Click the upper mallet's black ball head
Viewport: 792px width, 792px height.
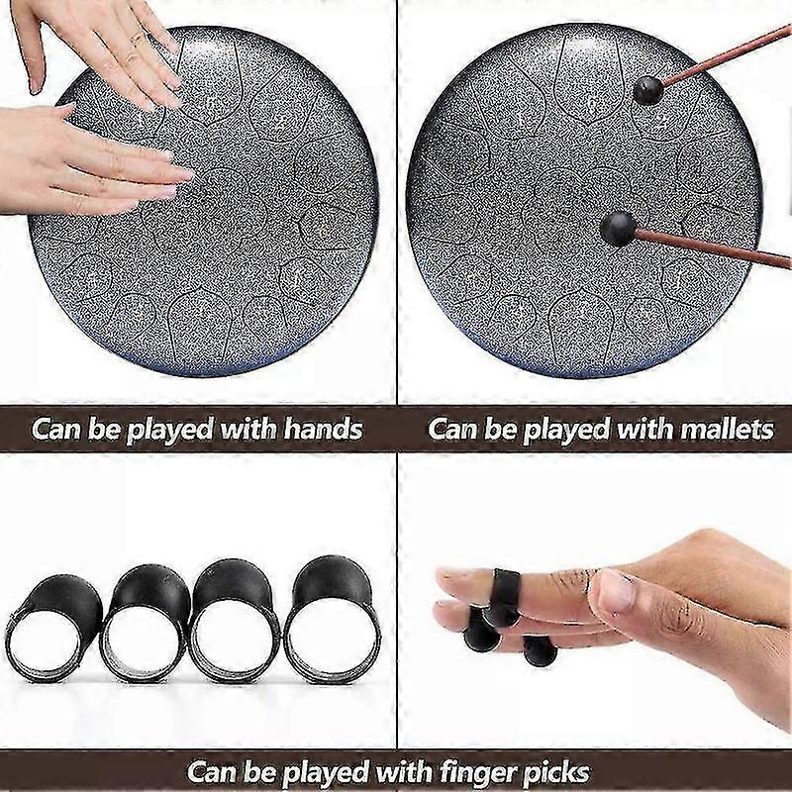coord(648,91)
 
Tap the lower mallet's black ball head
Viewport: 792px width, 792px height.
coord(618,229)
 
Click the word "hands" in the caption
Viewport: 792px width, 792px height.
coord(324,430)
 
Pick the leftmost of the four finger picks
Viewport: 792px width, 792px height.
coord(53,628)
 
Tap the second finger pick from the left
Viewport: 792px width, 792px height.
coord(146,624)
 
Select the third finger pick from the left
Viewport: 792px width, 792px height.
coord(236,622)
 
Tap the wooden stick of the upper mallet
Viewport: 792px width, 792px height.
coord(728,55)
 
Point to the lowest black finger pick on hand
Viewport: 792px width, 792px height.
coord(540,650)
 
